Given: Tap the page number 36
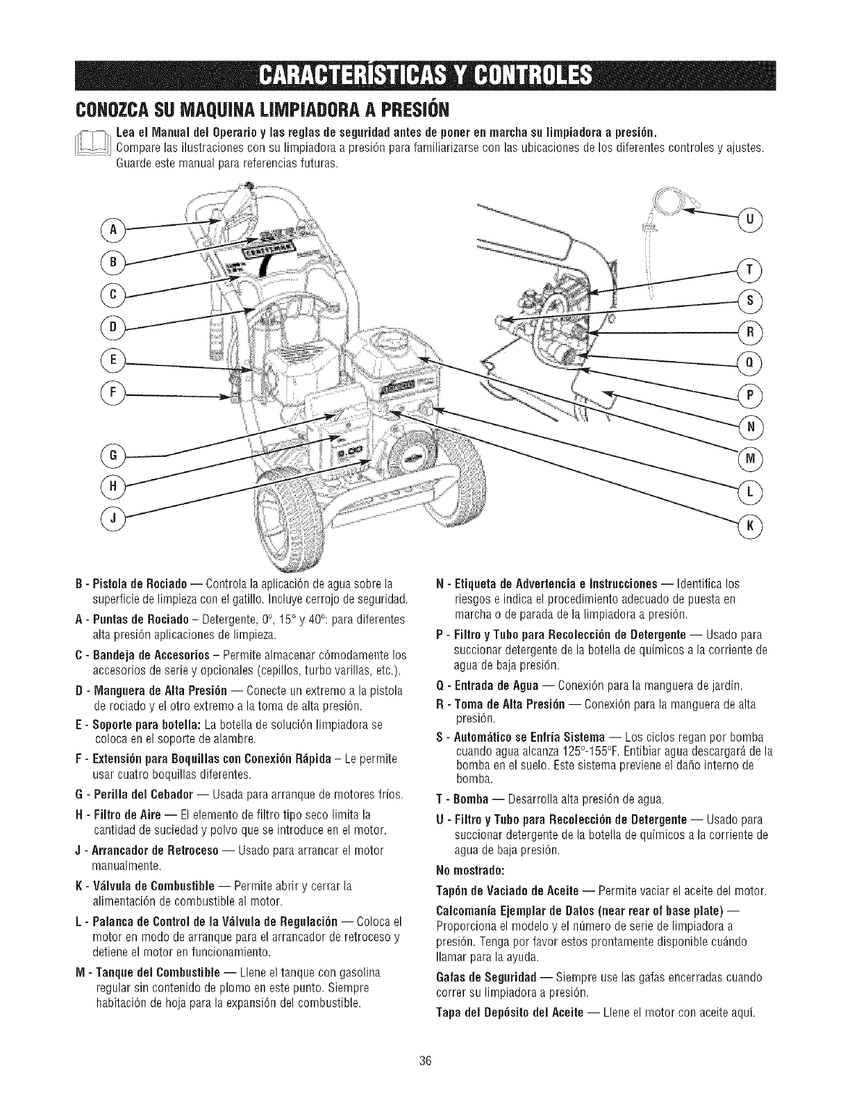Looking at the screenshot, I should tap(426, 1060).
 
